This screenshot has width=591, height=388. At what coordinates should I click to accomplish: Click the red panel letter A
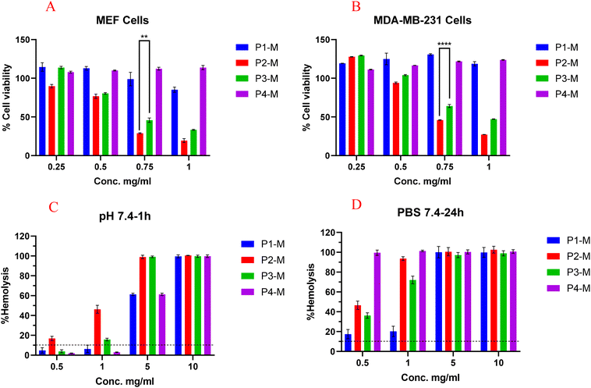tap(51, 8)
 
